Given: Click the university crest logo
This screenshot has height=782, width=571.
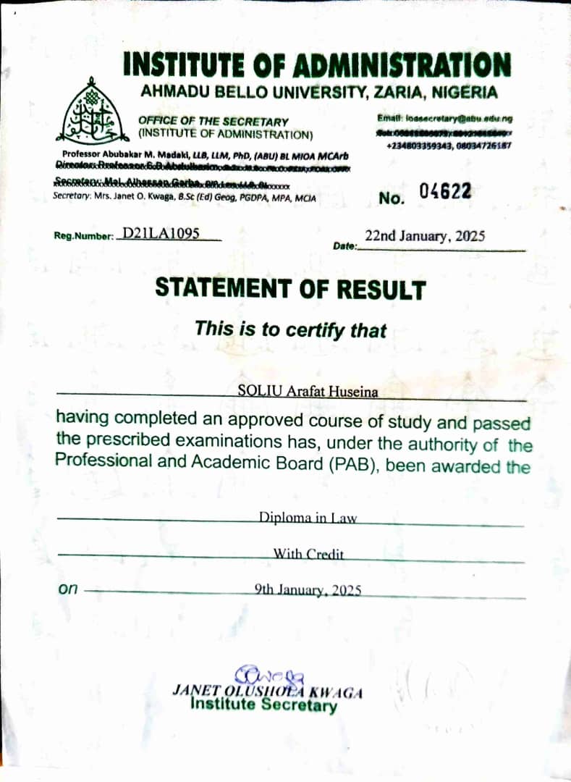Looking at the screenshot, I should (90, 118).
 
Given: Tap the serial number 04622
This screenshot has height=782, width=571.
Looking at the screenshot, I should (445, 193).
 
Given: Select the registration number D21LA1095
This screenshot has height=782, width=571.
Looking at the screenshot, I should (161, 233).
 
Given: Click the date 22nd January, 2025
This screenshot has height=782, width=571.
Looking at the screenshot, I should (425, 236).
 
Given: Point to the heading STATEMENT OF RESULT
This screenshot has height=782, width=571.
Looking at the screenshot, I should (290, 289).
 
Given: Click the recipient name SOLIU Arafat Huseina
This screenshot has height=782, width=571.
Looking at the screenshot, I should (308, 392).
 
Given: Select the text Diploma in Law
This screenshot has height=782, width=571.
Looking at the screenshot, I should (308, 518).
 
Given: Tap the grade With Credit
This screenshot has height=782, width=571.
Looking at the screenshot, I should (308, 555).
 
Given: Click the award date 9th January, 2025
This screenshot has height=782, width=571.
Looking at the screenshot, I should (308, 590).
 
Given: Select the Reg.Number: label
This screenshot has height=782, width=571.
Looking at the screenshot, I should (84, 236).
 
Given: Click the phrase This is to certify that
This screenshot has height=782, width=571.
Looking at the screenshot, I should (290, 329).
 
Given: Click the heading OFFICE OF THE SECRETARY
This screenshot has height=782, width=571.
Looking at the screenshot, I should (213, 122).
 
